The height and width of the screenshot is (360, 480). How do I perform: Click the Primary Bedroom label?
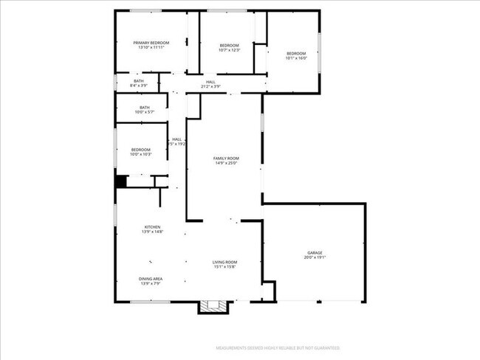click(x=151, y=43)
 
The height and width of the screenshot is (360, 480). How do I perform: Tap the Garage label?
click(x=315, y=253)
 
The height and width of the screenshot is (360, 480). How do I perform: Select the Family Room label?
click(x=226, y=159)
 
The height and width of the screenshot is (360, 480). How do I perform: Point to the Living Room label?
click(x=224, y=262)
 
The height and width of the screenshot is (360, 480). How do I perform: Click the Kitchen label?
click(x=152, y=226)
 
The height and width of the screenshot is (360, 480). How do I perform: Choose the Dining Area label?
click(x=151, y=278)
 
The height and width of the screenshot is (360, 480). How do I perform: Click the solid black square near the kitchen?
click(x=121, y=181)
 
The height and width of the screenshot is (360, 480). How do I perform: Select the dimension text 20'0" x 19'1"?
click(x=315, y=258)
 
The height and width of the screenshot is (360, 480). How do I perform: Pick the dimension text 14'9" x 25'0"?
click(x=226, y=164)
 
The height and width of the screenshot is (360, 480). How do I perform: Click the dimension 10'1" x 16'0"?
click(x=296, y=58)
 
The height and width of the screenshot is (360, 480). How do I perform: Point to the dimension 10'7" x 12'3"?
click(x=230, y=51)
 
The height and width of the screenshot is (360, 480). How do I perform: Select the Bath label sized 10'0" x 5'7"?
click(x=144, y=108)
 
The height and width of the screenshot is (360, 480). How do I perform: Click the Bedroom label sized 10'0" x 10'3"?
click(x=140, y=150)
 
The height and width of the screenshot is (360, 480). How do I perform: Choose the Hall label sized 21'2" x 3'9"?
click(x=210, y=82)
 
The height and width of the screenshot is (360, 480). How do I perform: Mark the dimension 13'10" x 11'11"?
click(x=151, y=48)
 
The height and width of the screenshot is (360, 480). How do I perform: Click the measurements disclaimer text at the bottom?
click(x=277, y=347)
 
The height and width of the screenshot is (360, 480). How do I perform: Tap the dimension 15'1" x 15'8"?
click(x=224, y=267)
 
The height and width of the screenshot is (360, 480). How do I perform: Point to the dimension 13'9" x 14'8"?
click(x=152, y=232)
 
